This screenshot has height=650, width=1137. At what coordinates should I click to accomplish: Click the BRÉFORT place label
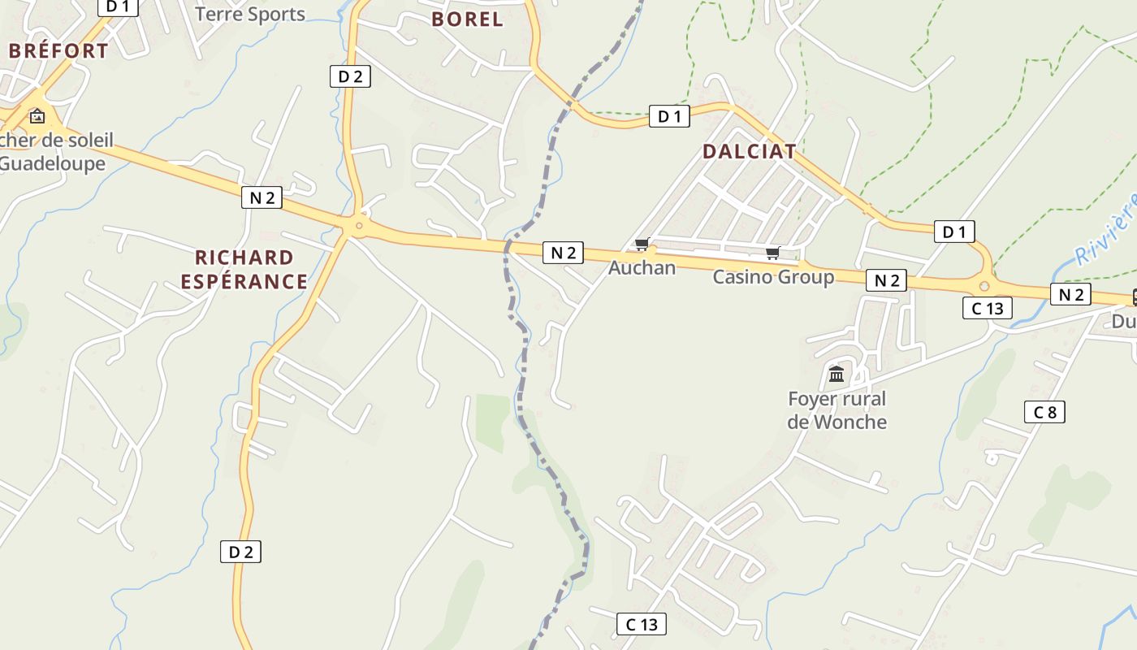58,50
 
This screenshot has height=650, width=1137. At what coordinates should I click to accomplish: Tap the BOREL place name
467,19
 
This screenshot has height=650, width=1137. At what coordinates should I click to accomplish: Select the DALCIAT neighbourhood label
749,151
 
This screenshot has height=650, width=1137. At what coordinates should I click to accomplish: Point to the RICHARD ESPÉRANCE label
244,270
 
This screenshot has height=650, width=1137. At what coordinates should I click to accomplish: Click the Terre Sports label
250,14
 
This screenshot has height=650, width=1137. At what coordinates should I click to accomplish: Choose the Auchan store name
642,267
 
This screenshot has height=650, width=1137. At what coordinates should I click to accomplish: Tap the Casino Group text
773,277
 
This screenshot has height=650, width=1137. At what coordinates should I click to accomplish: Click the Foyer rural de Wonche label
837,410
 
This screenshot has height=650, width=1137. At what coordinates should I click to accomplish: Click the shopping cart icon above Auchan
642,245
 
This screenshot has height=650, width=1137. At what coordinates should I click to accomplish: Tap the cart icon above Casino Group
772,253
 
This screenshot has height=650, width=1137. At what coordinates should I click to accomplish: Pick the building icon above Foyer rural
837,375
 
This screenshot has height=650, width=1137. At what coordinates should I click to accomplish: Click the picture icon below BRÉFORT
37,116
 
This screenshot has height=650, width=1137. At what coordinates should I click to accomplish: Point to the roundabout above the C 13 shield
984,285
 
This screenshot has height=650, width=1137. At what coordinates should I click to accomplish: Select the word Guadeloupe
54,163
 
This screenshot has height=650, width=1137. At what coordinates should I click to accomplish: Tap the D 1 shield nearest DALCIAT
669,117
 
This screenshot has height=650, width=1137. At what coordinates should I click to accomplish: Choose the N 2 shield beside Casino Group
886,280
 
